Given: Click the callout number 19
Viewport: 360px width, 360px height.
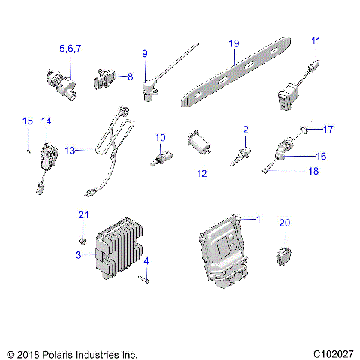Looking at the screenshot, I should (234, 43).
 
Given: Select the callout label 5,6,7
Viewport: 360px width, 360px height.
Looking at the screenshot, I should (70, 48).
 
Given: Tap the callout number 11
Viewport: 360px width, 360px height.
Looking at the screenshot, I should (316, 40).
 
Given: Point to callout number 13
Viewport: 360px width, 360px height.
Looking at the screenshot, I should (70, 150).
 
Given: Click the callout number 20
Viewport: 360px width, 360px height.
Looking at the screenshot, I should (284, 223).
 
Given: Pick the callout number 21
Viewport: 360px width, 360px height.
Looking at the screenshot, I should (83, 216).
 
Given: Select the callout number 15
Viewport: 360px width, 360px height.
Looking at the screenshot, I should (27, 121).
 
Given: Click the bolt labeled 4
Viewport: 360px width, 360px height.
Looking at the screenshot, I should (145, 279).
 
